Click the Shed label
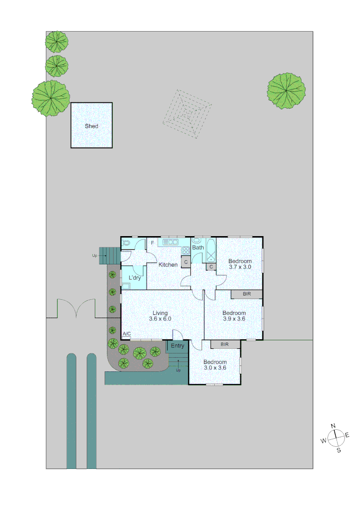[91, 126]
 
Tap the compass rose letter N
[333, 426]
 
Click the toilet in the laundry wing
[126, 243]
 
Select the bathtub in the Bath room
[210, 250]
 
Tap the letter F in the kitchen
[152, 243]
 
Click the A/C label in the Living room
[126, 334]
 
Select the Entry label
[178, 346]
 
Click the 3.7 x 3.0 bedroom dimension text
[240, 267]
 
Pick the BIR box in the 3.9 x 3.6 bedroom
[246, 294]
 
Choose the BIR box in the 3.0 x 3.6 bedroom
[225, 345]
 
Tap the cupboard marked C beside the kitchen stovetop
[186, 262]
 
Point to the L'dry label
[135, 278]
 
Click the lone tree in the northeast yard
[286, 91]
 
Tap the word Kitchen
[168, 265]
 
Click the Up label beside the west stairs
[95, 256]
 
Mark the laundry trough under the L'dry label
[126, 285]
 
